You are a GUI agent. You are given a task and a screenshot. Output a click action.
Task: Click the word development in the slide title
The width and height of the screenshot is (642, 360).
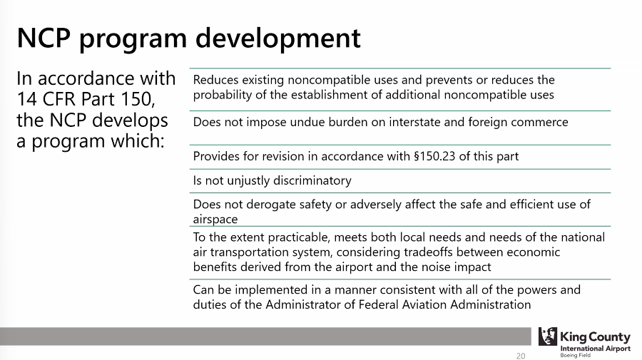click(x=278, y=38)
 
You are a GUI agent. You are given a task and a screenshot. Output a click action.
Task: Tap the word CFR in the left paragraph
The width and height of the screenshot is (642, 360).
click(x=59, y=99)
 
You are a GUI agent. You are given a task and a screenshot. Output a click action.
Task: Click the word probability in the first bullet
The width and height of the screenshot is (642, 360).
click(x=223, y=95)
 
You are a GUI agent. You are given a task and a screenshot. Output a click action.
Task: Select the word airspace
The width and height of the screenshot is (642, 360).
click(x=215, y=220)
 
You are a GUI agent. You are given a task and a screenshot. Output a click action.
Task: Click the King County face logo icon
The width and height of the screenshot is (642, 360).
click(x=548, y=336)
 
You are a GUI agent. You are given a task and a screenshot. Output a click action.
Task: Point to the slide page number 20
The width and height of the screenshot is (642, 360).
click(x=521, y=356)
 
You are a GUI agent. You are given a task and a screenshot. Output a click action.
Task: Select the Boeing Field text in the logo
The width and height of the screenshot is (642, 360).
click(x=575, y=356)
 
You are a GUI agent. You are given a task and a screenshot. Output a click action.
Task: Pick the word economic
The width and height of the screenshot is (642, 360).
click(x=533, y=252)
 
